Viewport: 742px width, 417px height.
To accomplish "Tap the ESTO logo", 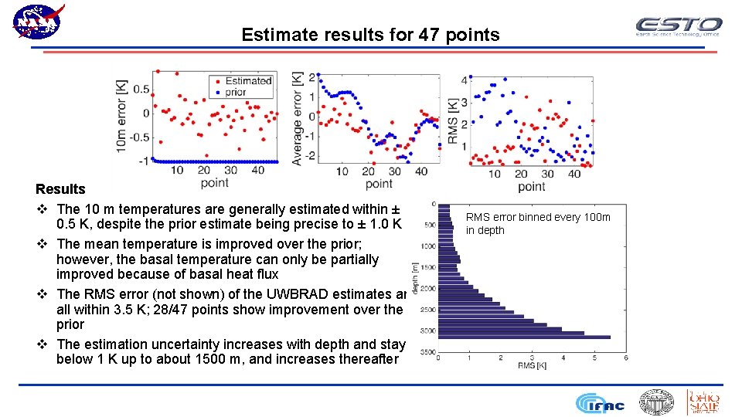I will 678,26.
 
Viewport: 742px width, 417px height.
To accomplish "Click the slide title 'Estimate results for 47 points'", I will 370,35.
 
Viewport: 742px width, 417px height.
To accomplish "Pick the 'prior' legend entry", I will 236,92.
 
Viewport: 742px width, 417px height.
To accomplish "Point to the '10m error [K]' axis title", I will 122,116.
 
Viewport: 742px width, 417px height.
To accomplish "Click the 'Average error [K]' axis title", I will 297,118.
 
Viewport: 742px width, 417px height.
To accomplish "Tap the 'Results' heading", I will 60,189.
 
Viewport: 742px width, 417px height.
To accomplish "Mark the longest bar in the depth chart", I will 524,337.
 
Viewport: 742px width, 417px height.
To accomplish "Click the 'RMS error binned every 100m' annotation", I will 537,217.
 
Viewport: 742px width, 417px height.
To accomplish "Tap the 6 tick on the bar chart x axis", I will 625,358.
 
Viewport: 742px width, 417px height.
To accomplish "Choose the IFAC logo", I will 600,403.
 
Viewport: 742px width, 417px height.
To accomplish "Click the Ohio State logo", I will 703,402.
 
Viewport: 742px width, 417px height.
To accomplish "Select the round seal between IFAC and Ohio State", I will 656,402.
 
